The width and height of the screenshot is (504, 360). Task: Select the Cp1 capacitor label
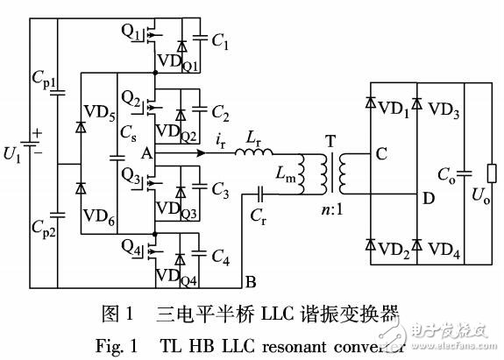point(42,86)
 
